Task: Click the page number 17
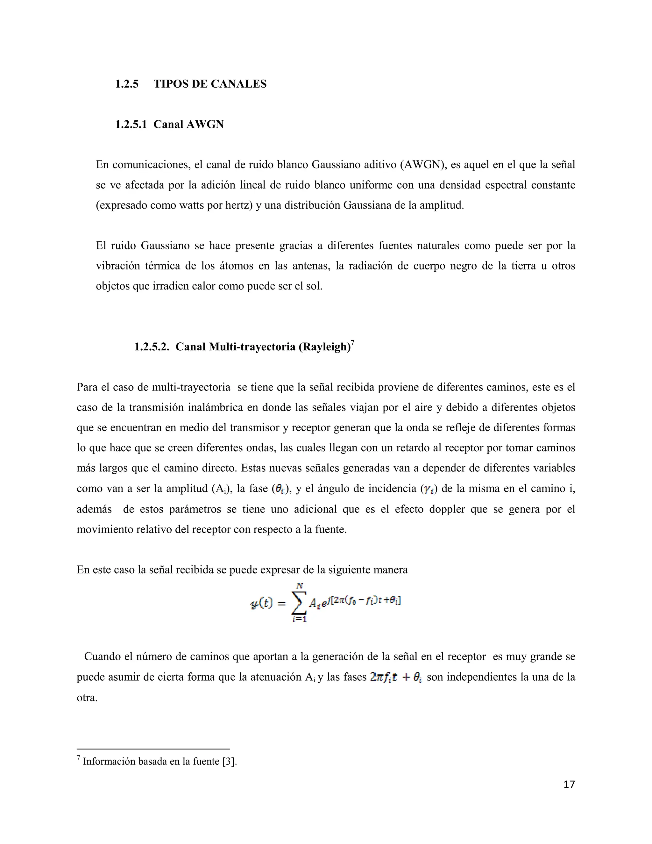(569, 784)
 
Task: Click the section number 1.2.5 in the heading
(127, 84)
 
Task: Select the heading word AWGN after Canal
(205, 125)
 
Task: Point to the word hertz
(239, 205)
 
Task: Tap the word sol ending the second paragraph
(315, 286)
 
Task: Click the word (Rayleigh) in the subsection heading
(324, 347)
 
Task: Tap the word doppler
(445, 509)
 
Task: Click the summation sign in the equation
(299, 602)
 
